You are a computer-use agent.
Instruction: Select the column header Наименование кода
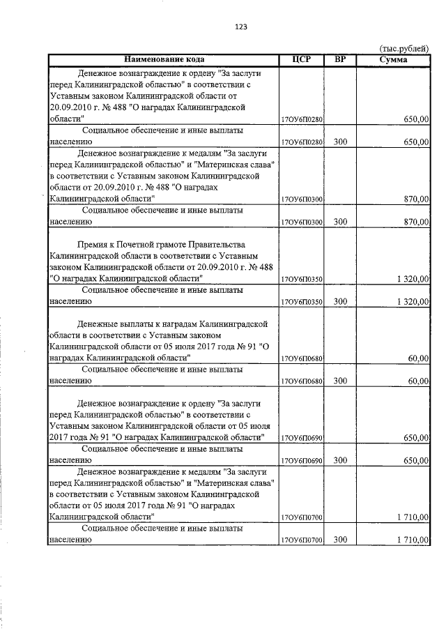point(164,59)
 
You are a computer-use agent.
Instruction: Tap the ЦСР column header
point(301,59)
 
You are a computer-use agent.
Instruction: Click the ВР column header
point(340,59)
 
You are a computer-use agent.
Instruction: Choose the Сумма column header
point(394,59)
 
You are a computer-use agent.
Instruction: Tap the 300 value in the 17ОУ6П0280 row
point(340,142)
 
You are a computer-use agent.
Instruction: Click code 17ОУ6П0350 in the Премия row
point(301,279)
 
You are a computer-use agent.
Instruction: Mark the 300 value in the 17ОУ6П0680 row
point(340,381)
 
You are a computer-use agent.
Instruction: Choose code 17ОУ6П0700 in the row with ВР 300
point(301,540)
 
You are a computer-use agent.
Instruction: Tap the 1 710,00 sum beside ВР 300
point(412,540)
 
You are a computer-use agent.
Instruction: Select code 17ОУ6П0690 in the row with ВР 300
point(301,461)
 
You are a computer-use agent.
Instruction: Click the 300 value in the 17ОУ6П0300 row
point(340,222)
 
